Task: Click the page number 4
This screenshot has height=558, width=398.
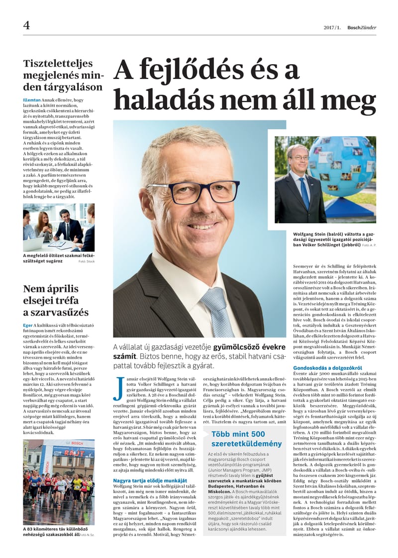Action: (26, 25)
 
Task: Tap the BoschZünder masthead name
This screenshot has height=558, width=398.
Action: (362, 28)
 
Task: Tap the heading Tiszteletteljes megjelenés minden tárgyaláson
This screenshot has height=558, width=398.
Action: (63, 75)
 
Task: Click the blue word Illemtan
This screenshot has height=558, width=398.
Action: (31, 100)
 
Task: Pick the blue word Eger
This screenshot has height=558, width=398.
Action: (28, 325)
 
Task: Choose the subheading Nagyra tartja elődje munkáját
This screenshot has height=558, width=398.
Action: (150, 481)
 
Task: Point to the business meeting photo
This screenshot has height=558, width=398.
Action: (59, 227)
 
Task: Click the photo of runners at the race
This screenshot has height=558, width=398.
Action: (59, 481)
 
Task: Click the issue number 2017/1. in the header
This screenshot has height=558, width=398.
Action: (332, 28)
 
